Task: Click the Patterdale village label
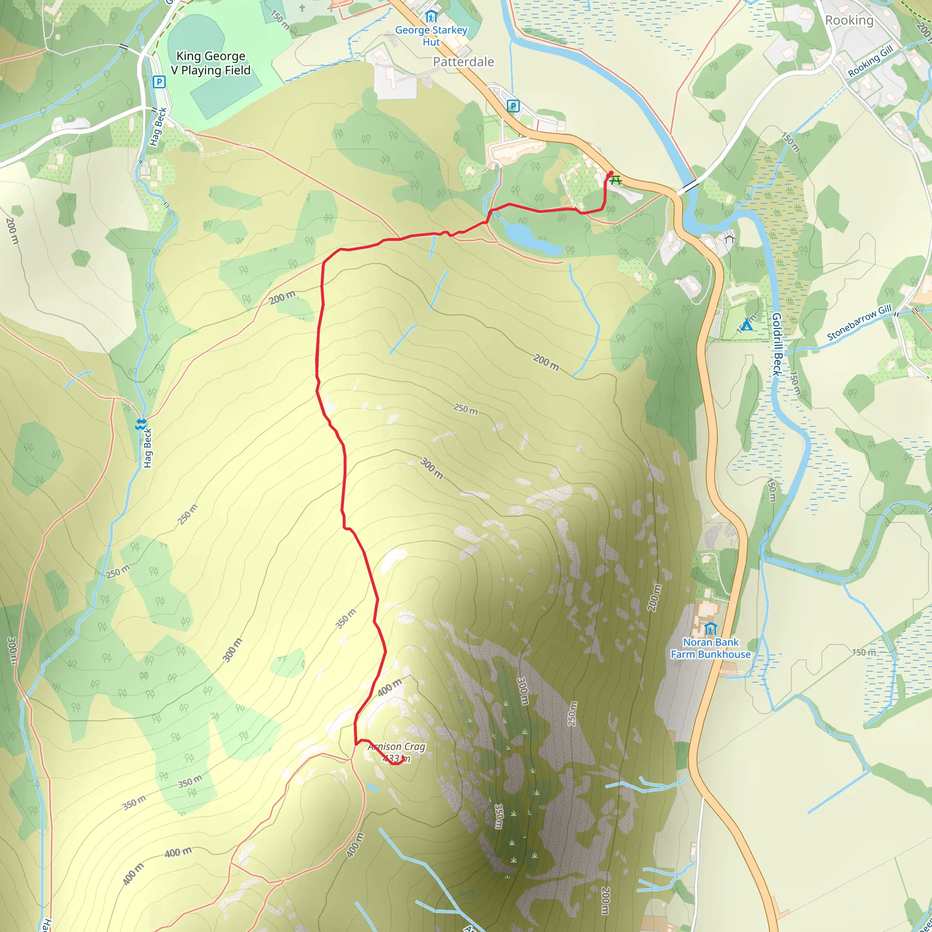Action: pos(463,62)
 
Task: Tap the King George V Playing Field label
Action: pos(211,63)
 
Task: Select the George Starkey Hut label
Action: pos(431,35)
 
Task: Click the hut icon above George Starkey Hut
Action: pos(431,17)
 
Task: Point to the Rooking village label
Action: pos(849,20)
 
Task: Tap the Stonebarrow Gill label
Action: pos(859,323)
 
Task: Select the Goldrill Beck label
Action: pos(777,344)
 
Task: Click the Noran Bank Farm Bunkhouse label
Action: pos(710,648)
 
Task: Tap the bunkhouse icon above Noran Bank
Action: pos(710,629)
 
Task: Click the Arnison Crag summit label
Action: pos(396,747)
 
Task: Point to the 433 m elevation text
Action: pos(396,759)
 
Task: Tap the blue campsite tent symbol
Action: pos(746,324)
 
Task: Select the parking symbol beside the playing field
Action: pos(159,82)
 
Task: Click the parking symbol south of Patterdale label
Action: pos(513,106)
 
